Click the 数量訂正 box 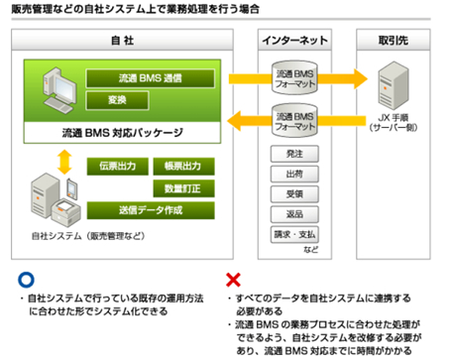pyautogui.click(x=184, y=187)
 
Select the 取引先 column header pyautogui.click(x=393, y=39)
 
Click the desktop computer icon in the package pyautogui.click(x=55, y=95)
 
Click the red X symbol pyautogui.click(x=235, y=280)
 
